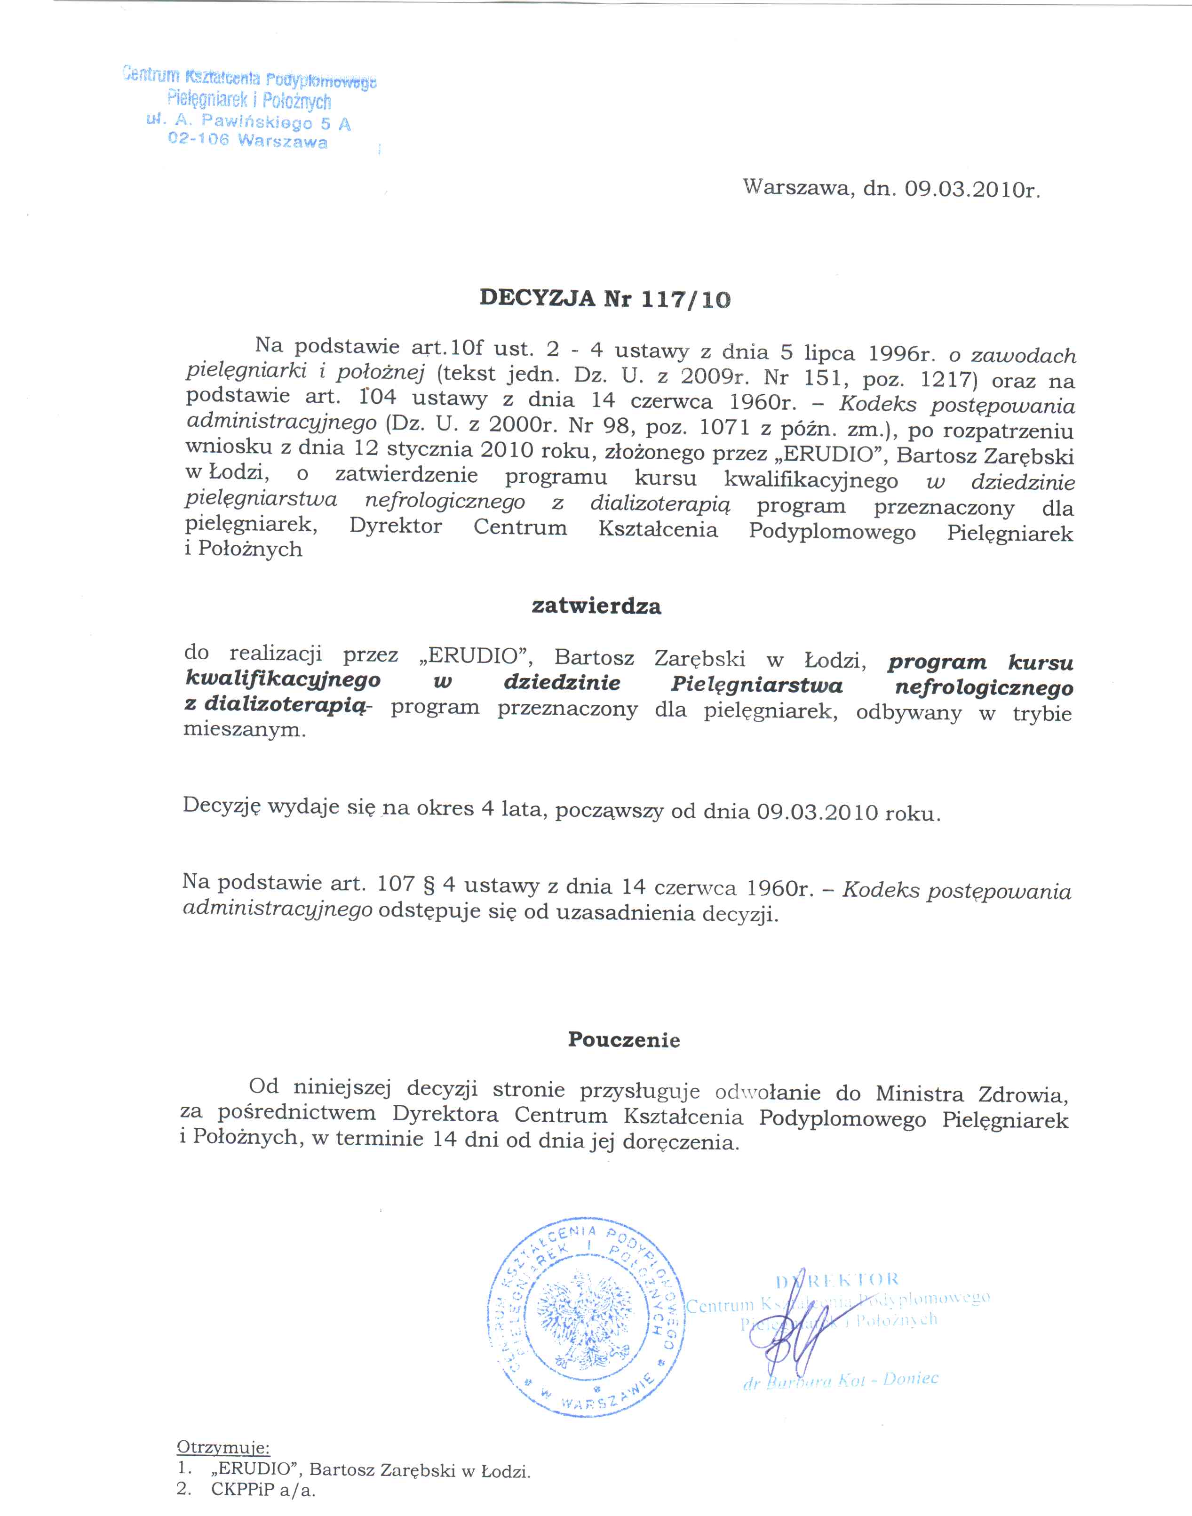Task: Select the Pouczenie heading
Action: pyautogui.click(x=623, y=1039)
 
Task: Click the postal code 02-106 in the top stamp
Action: pyautogui.click(x=198, y=139)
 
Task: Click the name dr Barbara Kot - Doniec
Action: pyautogui.click(x=841, y=1380)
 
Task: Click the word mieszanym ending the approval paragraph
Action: pyautogui.click(x=244, y=731)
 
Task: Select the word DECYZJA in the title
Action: pyautogui.click(x=537, y=297)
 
